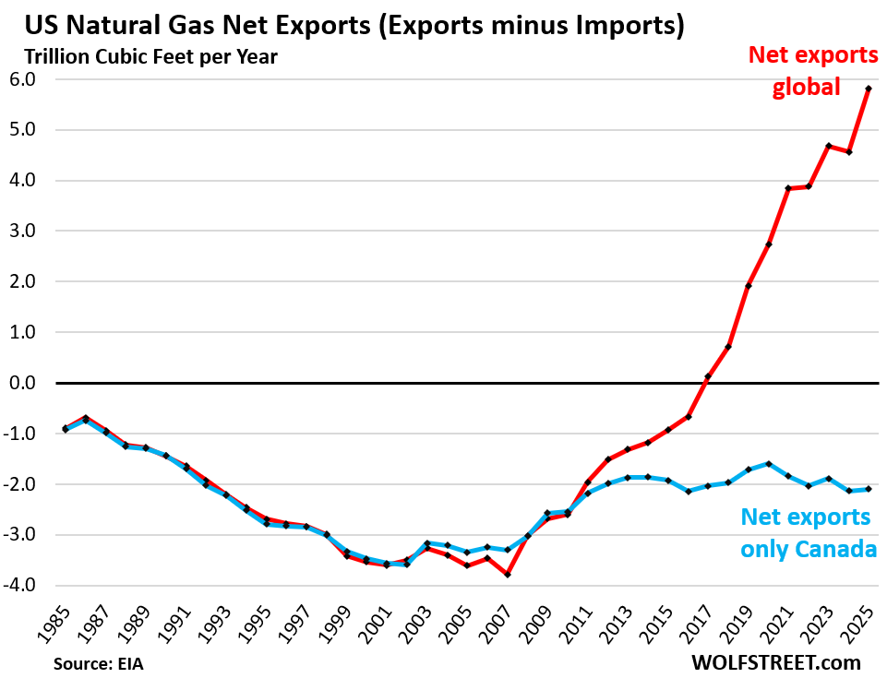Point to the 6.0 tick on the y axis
[x=34, y=79]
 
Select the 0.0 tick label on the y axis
[x=34, y=383]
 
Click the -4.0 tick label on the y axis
[x=31, y=585]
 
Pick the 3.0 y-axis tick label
[x=34, y=231]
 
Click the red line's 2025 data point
[x=869, y=89]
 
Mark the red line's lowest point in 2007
[x=508, y=575]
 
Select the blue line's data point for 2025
[x=869, y=489]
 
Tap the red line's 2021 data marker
[x=788, y=188]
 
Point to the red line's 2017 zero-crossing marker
[x=708, y=376]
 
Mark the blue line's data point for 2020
[x=768, y=464]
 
